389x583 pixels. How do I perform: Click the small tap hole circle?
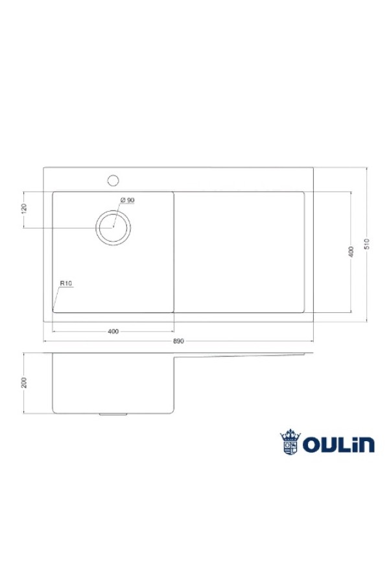coord(113,180)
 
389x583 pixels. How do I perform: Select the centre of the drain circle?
coord(113,227)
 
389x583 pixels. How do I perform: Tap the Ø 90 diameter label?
coord(127,200)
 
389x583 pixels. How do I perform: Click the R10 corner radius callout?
coord(66,283)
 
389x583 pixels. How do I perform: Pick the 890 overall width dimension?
coord(179,341)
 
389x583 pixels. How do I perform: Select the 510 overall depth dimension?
coord(367,244)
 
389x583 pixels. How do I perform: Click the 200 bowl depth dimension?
coord(25,383)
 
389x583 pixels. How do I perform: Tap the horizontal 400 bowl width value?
coord(113,331)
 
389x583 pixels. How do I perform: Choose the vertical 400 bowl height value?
coord(351,252)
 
